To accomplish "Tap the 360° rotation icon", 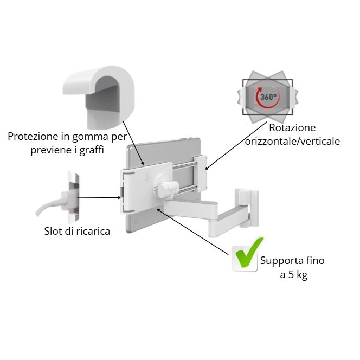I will pyautogui.click(x=267, y=98).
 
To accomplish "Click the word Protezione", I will pyautogui.click(x=34, y=136).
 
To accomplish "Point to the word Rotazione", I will pyautogui.click(x=292, y=128).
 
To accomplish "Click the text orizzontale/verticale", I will pyautogui.click(x=292, y=142).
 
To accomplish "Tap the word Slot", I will pyautogui.click(x=53, y=232).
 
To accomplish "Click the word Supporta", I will pyautogui.click(x=283, y=261).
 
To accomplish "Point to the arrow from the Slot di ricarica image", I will pyautogui.click(x=98, y=197).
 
